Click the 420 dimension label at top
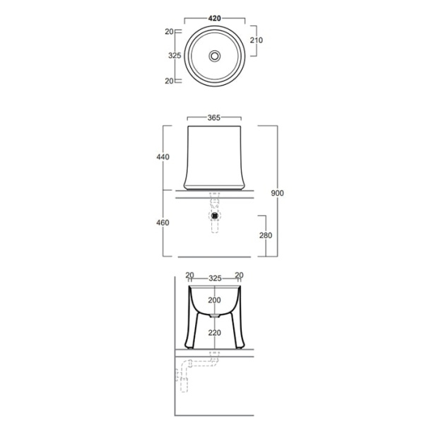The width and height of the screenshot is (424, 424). [214, 18]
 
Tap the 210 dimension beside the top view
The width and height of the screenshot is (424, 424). [256, 40]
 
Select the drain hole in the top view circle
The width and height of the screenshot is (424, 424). [215, 56]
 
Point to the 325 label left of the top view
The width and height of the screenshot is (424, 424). [175, 55]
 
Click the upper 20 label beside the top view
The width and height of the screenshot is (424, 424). [169, 32]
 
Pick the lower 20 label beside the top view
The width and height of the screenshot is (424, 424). [169, 81]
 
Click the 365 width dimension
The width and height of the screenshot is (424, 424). [214, 117]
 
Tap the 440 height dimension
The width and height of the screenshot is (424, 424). [163, 157]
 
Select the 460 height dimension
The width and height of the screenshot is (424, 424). [163, 223]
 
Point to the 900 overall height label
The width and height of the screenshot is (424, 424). [278, 193]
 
